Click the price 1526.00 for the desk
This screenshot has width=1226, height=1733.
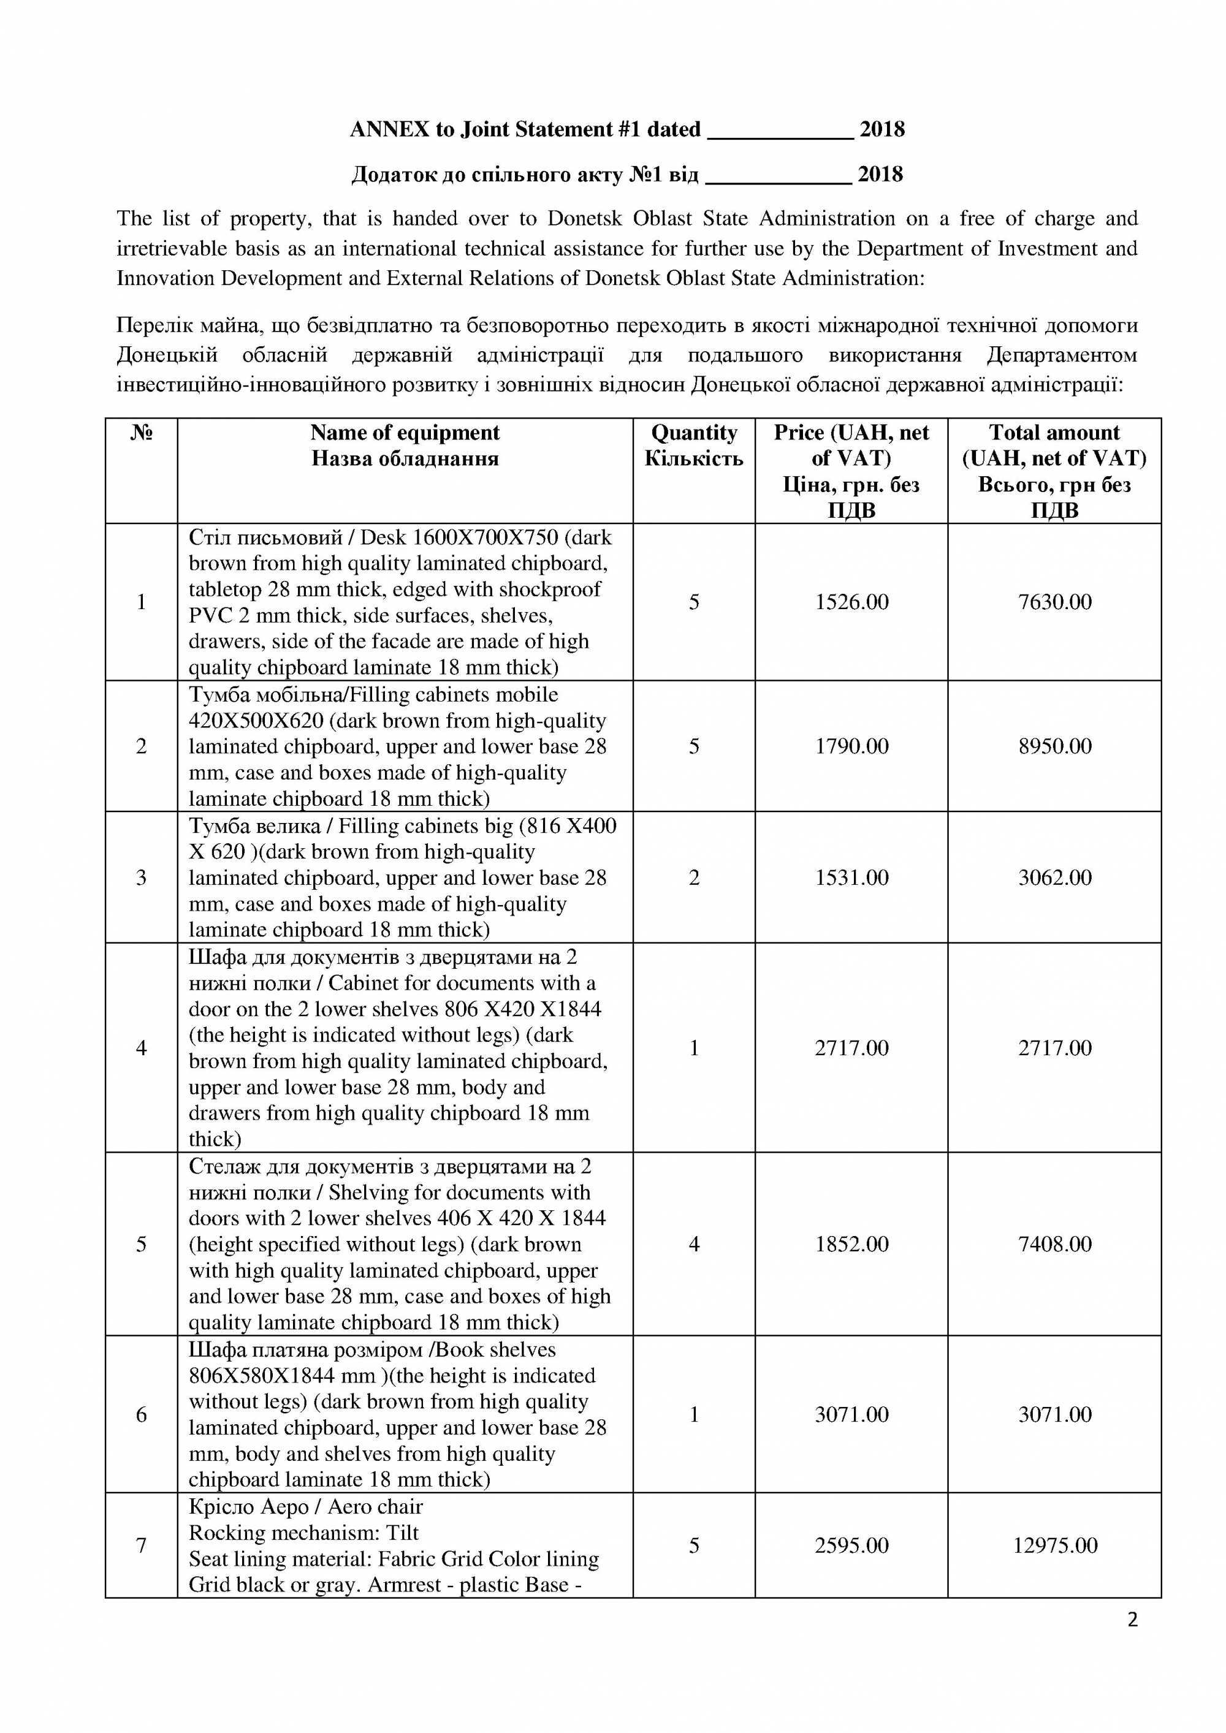coord(851,602)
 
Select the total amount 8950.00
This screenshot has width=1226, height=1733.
coord(1054,746)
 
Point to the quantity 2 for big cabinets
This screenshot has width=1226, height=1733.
coord(694,877)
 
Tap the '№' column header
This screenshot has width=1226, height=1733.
coord(141,433)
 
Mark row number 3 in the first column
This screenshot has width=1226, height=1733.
coord(141,877)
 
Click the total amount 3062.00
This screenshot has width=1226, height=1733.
coord(1054,877)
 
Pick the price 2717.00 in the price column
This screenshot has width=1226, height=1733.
coord(851,1048)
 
